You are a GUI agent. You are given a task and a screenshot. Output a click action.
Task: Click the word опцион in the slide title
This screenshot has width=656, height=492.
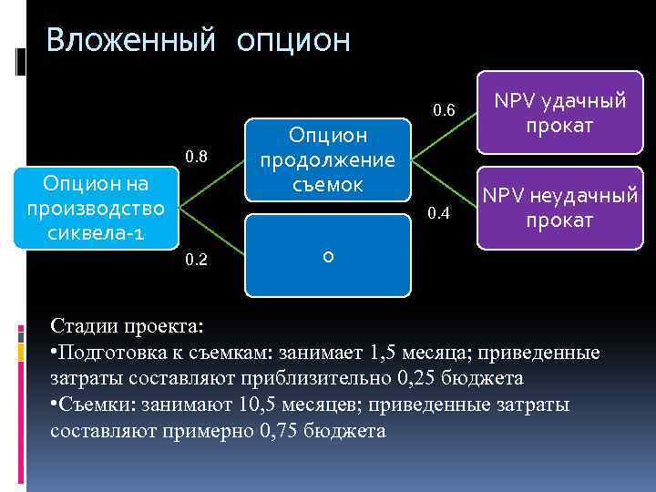pyautogui.click(x=293, y=41)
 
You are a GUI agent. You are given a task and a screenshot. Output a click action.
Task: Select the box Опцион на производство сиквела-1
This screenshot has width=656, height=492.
pyautogui.click(x=96, y=208)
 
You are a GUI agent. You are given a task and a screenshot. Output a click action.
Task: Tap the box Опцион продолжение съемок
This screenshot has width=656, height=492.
pyautogui.click(x=327, y=160)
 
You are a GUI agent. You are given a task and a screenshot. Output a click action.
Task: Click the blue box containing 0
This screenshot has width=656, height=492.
pyautogui.click(x=327, y=256)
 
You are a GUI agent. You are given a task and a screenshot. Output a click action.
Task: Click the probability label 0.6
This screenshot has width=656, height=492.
pyautogui.click(x=445, y=111)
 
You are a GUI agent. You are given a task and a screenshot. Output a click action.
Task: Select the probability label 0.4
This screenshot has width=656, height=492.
pyautogui.click(x=439, y=213)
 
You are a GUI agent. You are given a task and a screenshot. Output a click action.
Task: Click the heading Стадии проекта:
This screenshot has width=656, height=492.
pyautogui.click(x=128, y=325)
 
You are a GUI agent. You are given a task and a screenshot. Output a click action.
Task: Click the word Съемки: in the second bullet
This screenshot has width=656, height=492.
pyautogui.click(x=95, y=404)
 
